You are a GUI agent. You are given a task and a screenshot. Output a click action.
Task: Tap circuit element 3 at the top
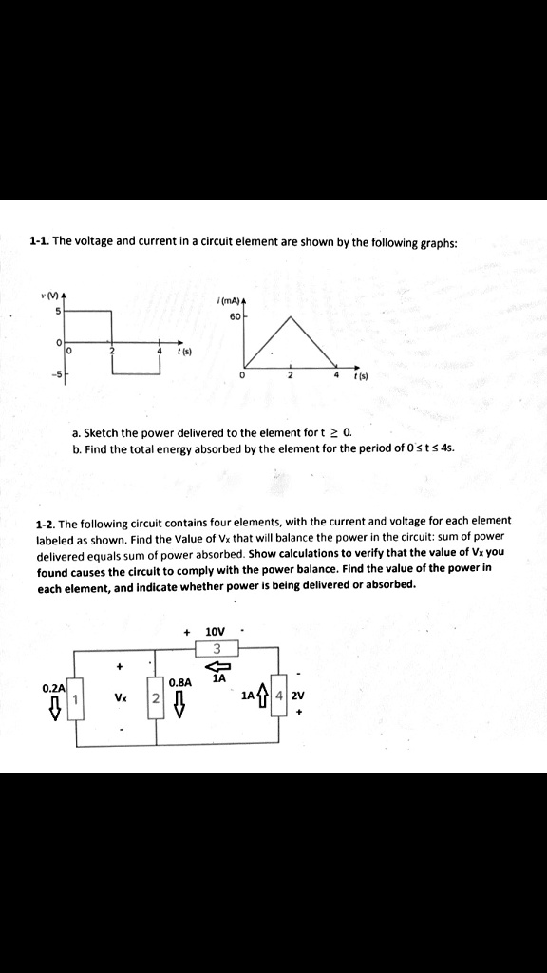pos(217,648)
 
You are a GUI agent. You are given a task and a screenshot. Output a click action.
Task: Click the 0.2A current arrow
pos(55,705)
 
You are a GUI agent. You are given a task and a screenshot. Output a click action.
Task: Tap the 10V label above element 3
pos(216,631)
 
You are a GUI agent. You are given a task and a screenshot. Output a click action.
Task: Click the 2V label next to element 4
pos(298,696)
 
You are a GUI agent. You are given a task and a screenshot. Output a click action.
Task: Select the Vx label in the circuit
pos(121,696)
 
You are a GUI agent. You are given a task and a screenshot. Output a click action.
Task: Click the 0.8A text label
pos(179,682)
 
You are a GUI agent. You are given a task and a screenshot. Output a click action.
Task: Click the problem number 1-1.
pos(39,242)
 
